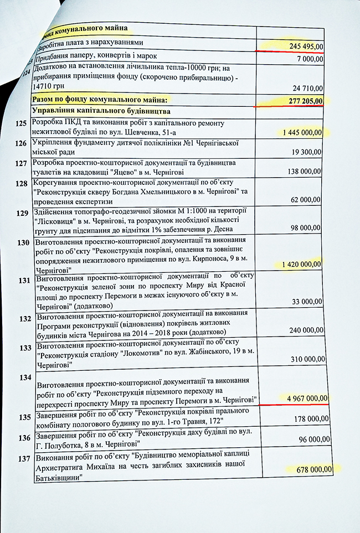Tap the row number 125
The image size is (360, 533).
[22, 125]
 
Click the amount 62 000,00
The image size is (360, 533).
[307, 200]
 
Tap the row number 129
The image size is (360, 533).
[23, 213]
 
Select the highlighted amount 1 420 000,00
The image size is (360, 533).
[301, 264]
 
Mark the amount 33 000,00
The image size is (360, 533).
[308, 302]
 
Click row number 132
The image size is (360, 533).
[24, 319]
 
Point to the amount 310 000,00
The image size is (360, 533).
[307, 359]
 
